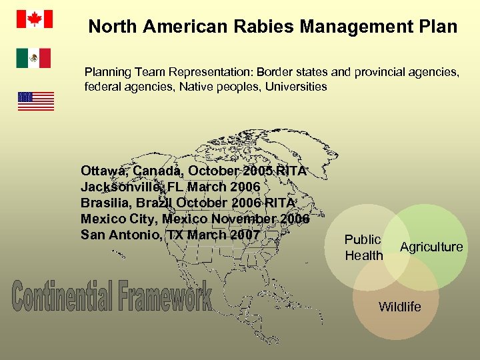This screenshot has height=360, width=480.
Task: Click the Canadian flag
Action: [x=33, y=19]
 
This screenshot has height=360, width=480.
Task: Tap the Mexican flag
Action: [x=33, y=58]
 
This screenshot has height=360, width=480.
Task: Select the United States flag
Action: [x=35, y=101]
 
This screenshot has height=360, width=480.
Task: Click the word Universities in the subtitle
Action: [x=296, y=86]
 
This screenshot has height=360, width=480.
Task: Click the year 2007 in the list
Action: [x=243, y=235]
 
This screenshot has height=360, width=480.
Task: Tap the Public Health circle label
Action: [x=363, y=247]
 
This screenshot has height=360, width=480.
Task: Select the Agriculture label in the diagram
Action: [x=431, y=247]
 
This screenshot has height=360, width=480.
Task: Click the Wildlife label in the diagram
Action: [x=399, y=307]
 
